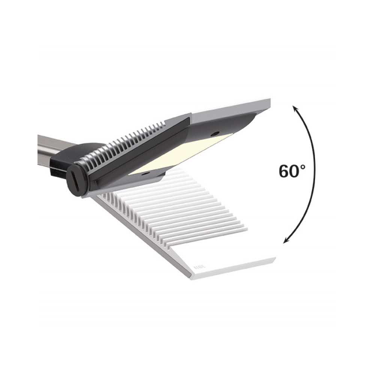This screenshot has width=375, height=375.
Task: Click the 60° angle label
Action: click(292, 171)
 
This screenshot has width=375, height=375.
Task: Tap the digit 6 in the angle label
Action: click(285, 172)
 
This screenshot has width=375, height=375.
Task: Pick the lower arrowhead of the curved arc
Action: click(286, 240)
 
